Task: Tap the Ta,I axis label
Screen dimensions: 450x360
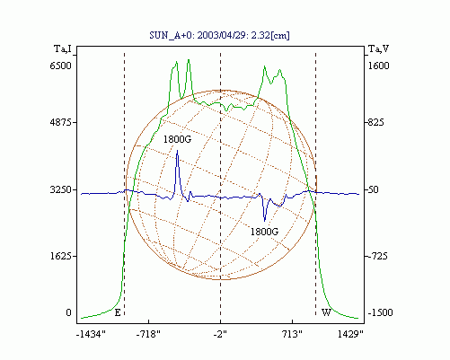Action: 63,48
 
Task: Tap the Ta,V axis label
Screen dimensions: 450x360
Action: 379,48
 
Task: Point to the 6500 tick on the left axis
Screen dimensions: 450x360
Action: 60,66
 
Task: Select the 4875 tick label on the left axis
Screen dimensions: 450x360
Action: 60,122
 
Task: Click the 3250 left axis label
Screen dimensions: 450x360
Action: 60,189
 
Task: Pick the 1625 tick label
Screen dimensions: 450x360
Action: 60,257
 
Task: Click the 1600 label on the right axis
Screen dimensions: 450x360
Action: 378,66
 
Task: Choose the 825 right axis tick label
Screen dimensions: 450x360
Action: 376,122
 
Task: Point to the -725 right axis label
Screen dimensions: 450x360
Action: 377,257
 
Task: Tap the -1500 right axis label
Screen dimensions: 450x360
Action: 380,312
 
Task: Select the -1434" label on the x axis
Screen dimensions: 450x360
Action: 91,334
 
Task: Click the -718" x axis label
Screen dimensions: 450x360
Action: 148,334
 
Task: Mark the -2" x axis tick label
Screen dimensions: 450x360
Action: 220,334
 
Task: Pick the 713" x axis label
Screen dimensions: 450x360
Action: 293,334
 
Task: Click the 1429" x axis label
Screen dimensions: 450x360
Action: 350,334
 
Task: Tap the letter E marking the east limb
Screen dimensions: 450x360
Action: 118,313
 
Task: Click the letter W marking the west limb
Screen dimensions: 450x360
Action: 326,312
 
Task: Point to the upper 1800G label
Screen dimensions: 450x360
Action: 177,139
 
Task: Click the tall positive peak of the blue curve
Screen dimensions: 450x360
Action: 177,151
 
